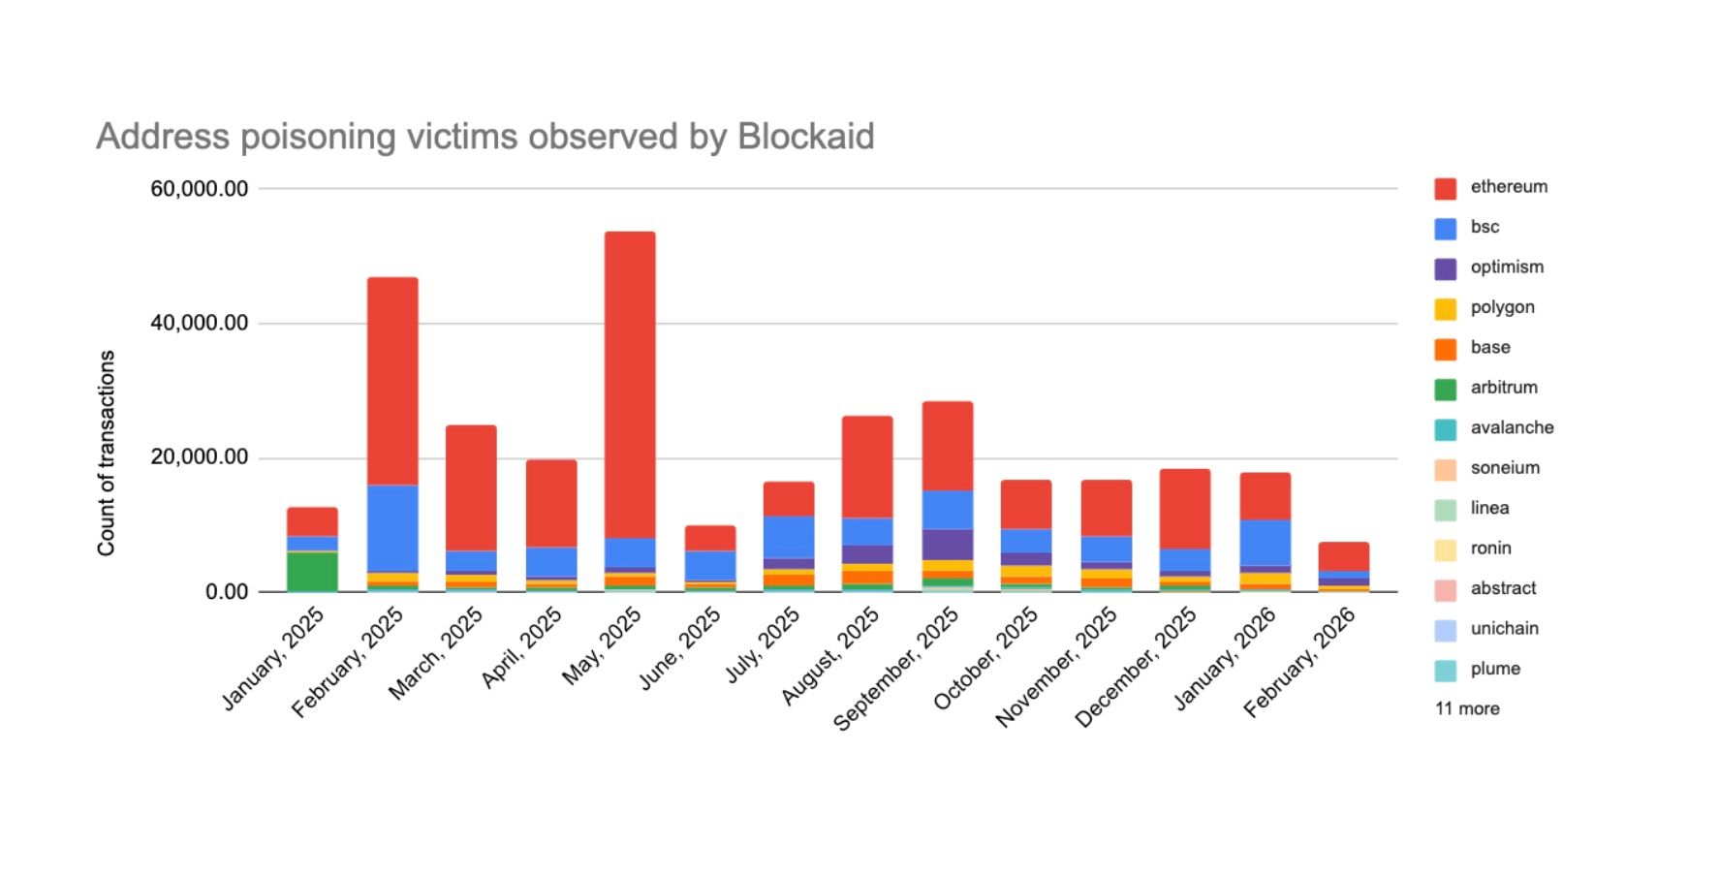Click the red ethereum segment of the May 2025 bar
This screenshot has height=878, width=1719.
(x=630, y=384)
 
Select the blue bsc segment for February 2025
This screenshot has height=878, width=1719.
(x=392, y=528)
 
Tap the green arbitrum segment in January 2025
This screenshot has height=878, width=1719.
(x=312, y=571)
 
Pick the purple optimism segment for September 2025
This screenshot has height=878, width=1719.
(x=948, y=545)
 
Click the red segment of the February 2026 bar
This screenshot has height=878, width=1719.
(x=1343, y=556)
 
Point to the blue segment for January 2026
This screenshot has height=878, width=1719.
(x=1265, y=543)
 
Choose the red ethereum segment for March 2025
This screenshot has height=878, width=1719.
(x=471, y=487)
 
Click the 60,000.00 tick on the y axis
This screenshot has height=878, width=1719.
(x=200, y=189)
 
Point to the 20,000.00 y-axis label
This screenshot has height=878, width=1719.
(x=200, y=457)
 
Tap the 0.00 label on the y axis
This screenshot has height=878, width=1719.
(x=227, y=592)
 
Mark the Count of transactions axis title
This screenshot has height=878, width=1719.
(x=107, y=453)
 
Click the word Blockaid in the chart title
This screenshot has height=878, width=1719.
(x=805, y=137)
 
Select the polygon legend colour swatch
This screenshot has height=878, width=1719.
(x=1445, y=309)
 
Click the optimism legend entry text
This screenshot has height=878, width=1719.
(x=1507, y=267)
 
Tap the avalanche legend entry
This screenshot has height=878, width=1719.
(x=1512, y=428)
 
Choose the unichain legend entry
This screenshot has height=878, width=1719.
(x=1504, y=629)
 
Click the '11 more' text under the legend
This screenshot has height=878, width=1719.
(x=1467, y=709)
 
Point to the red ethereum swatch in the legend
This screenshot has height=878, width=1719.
(x=1445, y=189)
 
